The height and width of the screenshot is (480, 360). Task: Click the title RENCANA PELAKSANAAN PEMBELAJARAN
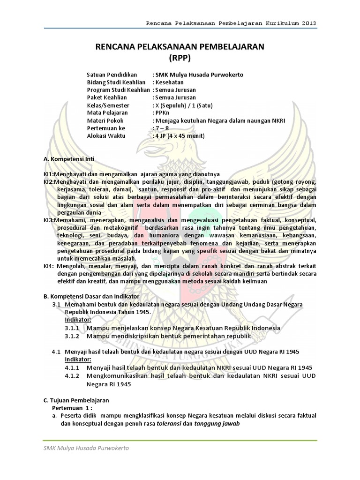tap(180, 46)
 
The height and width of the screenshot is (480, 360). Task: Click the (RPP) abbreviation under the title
tap(180, 58)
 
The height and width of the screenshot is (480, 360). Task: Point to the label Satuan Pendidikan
tap(112, 75)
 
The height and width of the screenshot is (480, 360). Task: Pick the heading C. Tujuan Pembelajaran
tap(76, 400)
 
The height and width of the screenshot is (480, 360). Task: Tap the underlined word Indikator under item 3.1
tap(78, 319)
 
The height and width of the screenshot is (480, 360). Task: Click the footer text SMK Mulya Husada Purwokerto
tap(86, 449)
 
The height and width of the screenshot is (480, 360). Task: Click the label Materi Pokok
tap(105, 120)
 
